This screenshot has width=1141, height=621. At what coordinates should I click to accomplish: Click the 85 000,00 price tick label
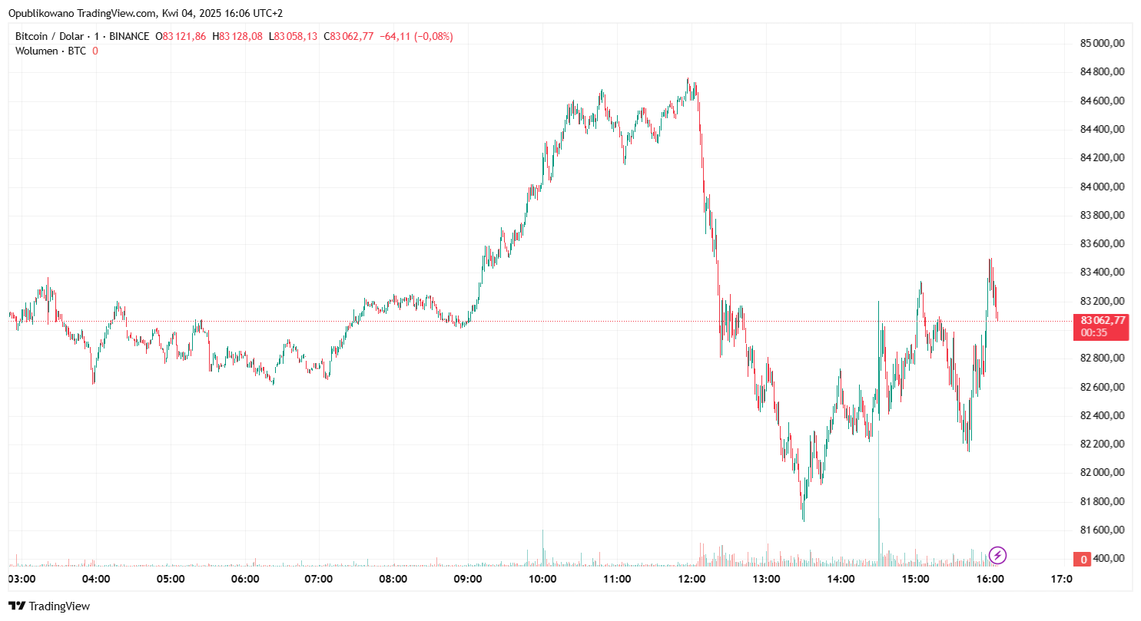(1103, 43)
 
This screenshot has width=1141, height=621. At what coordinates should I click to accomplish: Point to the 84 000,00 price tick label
(1103, 187)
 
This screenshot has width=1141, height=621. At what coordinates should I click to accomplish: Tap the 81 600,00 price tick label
(1103, 530)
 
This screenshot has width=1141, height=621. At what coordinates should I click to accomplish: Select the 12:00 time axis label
(692, 579)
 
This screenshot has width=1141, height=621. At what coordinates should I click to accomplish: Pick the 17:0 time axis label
(1061, 579)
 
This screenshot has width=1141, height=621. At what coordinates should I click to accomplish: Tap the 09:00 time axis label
(468, 579)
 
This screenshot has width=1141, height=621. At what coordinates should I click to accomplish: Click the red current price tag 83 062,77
(1103, 321)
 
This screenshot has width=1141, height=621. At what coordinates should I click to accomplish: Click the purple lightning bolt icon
(997, 555)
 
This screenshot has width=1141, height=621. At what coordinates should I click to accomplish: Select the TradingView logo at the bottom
(49, 606)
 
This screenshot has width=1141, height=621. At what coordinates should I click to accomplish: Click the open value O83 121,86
(181, 36)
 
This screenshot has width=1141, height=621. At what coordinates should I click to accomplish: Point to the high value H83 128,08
(237, 36)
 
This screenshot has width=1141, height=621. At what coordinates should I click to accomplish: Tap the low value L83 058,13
(296, 36)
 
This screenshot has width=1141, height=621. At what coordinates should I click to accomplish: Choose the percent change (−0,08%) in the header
(433, 36)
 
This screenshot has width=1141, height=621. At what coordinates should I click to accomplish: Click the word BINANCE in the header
(130, 36)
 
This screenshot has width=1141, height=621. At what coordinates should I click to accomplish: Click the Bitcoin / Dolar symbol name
(48, 36)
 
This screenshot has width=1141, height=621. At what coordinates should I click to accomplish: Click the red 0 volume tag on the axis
(1084, 559)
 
